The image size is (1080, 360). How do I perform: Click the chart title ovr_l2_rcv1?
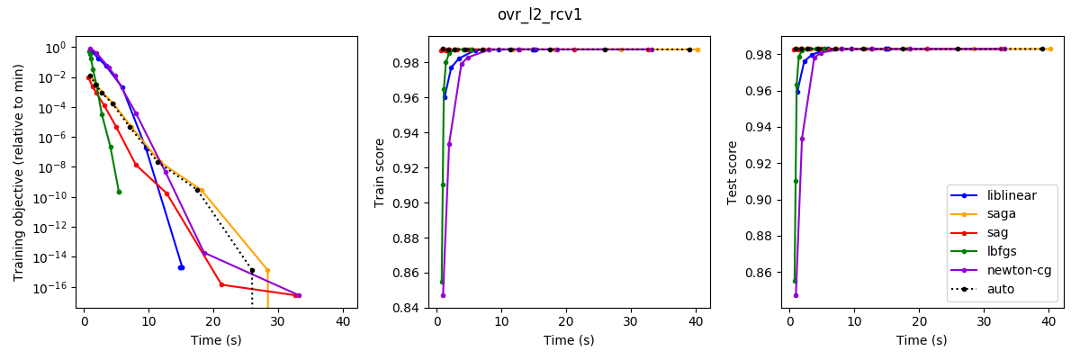click(540, 14)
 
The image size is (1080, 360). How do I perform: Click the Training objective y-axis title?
click(19, 172)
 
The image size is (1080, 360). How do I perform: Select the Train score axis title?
click(380, 173)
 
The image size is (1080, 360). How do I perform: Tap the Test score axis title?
click(733, 172)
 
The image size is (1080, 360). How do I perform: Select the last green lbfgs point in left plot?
click(119, 192)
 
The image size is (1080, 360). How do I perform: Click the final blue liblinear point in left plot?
click(181, 267)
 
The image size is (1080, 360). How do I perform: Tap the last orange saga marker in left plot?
click(267, 270)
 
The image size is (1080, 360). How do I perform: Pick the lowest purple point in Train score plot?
click(443, 295)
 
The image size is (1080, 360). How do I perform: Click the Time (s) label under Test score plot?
click(922, 340)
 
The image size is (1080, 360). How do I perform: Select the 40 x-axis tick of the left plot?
click(343, 321)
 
